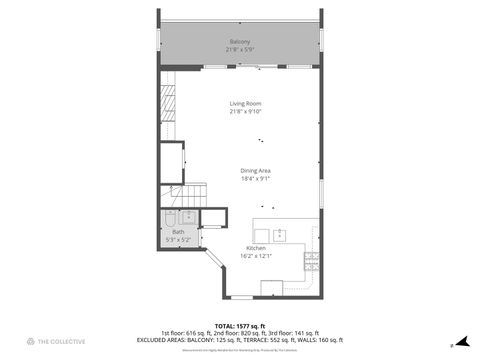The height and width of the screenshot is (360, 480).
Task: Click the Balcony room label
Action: coord(240,41)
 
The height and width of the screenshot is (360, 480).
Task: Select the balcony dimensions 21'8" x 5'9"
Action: coord(240,49)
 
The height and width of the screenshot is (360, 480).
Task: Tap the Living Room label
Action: coord(240,104)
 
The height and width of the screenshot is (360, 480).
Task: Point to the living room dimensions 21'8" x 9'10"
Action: coord(240,112)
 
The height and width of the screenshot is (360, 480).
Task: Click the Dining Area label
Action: coord(256,170)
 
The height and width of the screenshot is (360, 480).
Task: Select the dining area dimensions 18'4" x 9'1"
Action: coord(256,179)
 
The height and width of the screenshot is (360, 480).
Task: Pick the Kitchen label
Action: coord(256,247)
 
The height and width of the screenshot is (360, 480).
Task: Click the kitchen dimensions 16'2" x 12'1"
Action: coord(256,256)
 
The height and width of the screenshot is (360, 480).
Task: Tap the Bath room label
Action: coord(178,232)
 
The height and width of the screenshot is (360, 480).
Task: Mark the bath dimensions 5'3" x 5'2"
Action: coord(178,240)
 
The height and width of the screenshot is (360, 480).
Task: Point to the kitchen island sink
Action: coord(280,235)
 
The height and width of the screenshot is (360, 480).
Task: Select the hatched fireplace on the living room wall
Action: coord(171,105)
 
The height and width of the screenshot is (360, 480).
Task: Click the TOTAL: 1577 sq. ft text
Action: coord(240,325)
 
